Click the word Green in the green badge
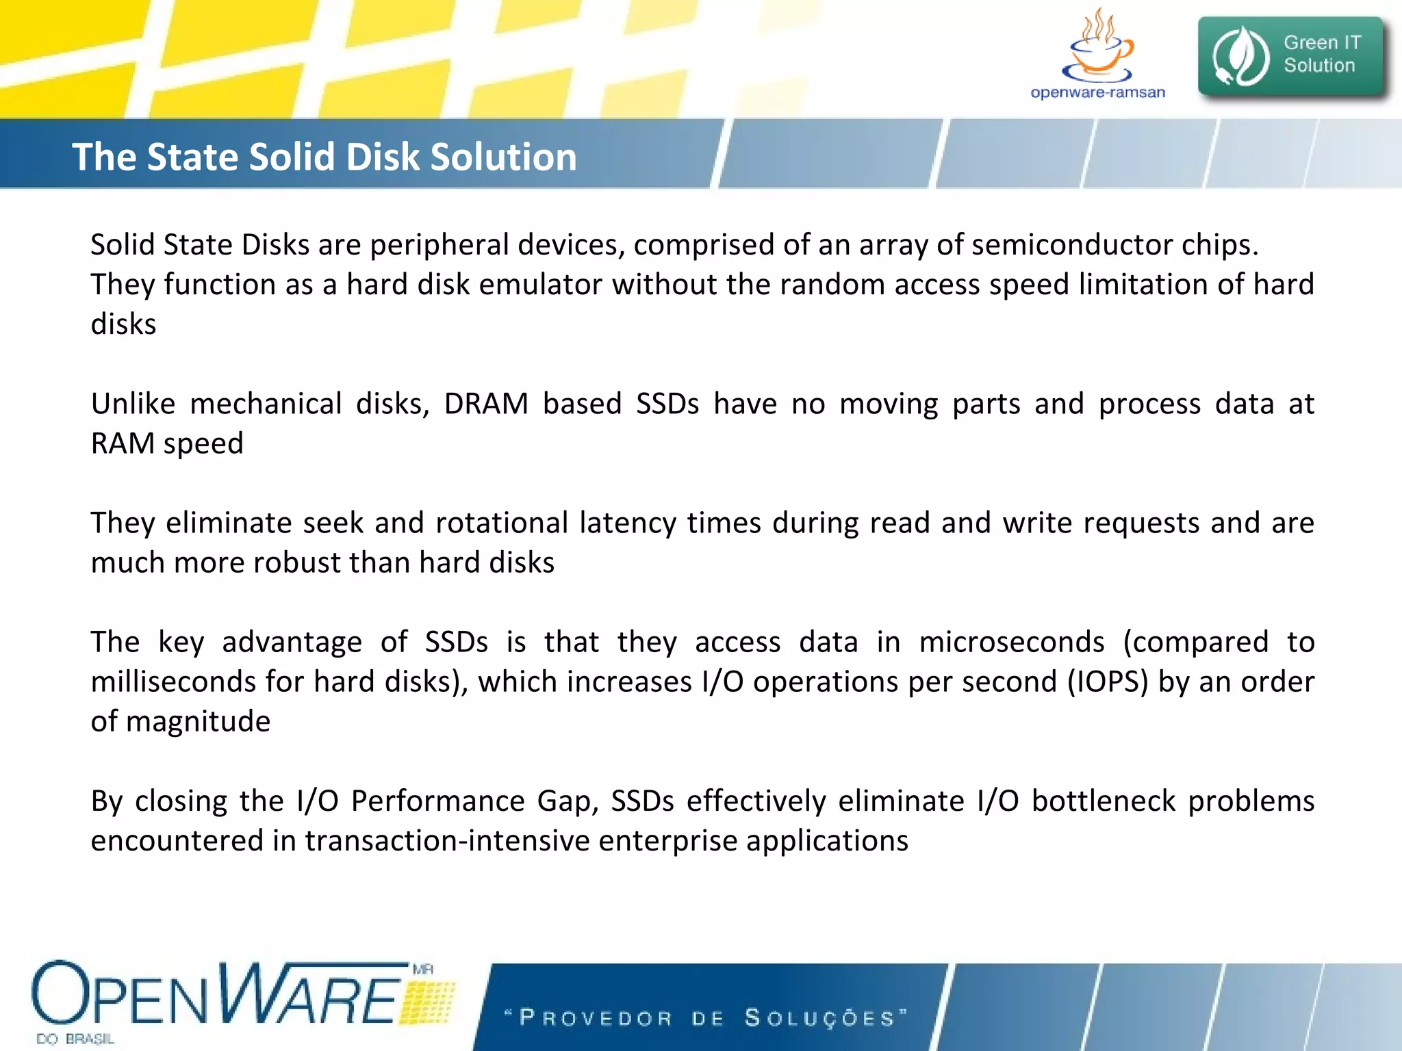tap(1310, 42)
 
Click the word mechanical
tap(266, 404)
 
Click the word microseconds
tap(1011, 642)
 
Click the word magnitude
tap(199, 721)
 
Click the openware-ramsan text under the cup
tap(1097, 92)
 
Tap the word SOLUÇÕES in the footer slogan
tap(819, 1017)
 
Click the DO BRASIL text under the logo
tap(75, 1039)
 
